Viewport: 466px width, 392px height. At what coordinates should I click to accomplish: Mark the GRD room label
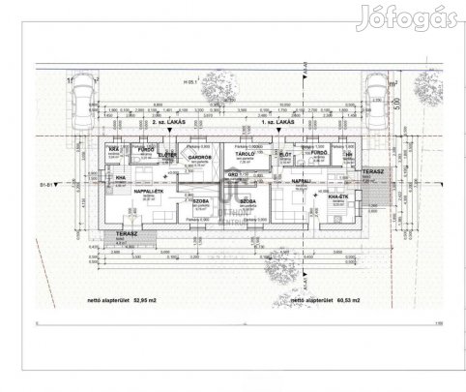(233, 174)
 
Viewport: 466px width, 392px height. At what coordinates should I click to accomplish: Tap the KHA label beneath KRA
(121, 178)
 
